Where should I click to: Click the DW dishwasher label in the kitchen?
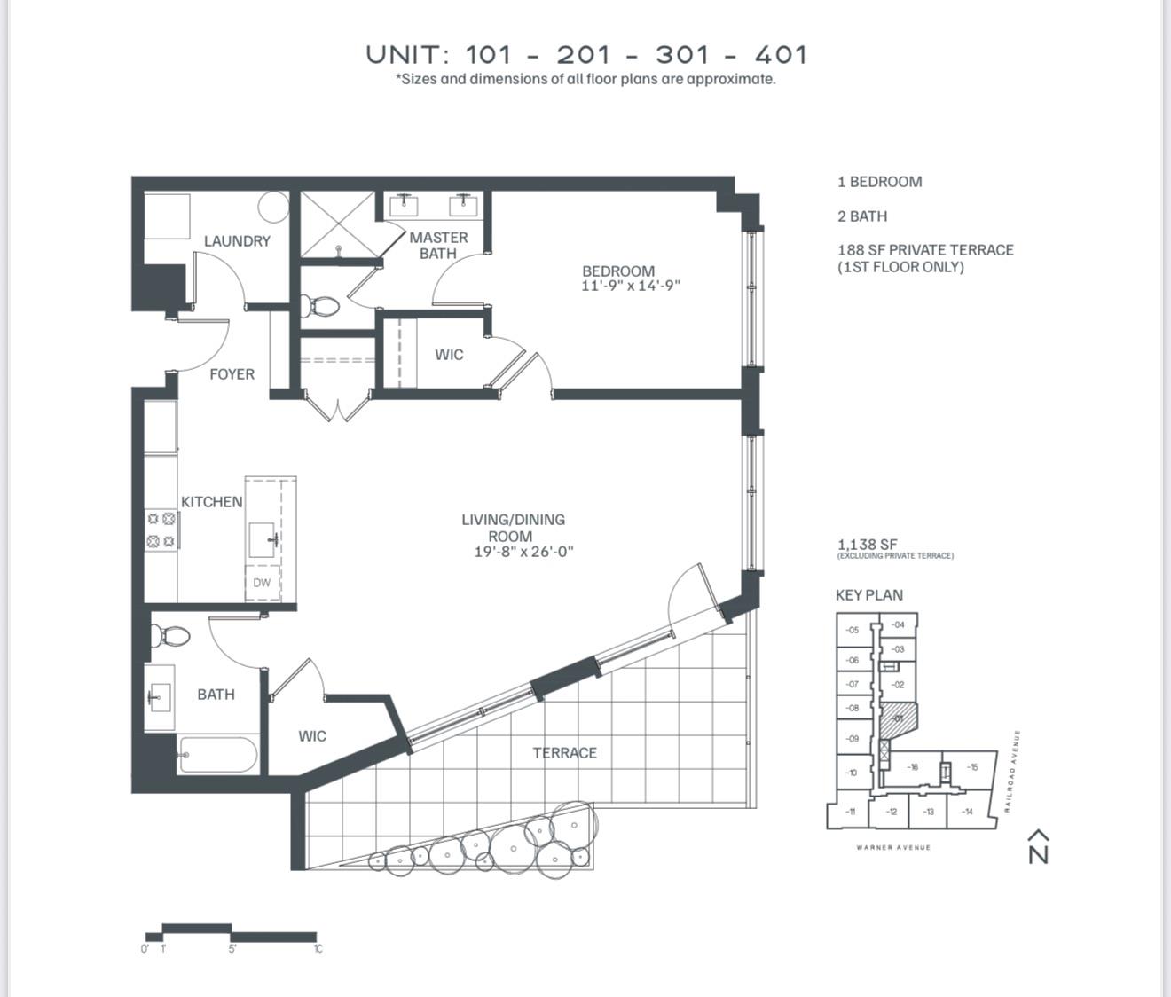point(262,583)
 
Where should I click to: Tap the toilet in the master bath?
point(319,307)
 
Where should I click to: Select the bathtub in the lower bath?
point(217,756)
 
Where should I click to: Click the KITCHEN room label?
point(211,502)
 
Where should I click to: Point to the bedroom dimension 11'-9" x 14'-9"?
point(631,287)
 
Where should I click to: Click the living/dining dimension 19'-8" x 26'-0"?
point(523,552)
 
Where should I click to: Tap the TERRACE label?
point(564,753)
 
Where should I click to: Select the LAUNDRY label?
point(237,241)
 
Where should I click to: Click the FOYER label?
point(232,374)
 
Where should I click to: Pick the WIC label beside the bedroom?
point(449,355)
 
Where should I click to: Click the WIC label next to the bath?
point(312,736)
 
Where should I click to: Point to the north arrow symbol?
point(1038,847)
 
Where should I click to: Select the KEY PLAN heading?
point(868,595)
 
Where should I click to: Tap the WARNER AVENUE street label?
point(893,848)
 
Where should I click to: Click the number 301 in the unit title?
point(683,55)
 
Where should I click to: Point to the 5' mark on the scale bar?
point(232,948)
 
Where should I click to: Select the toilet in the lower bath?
point(170,637)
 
